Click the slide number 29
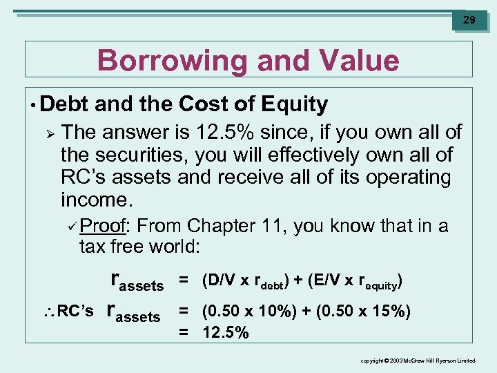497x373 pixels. tap(469, 20)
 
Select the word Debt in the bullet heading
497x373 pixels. tap(65, 105)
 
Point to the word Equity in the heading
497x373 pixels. tap(295, 105)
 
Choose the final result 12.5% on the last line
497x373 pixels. tap(226, 332)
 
